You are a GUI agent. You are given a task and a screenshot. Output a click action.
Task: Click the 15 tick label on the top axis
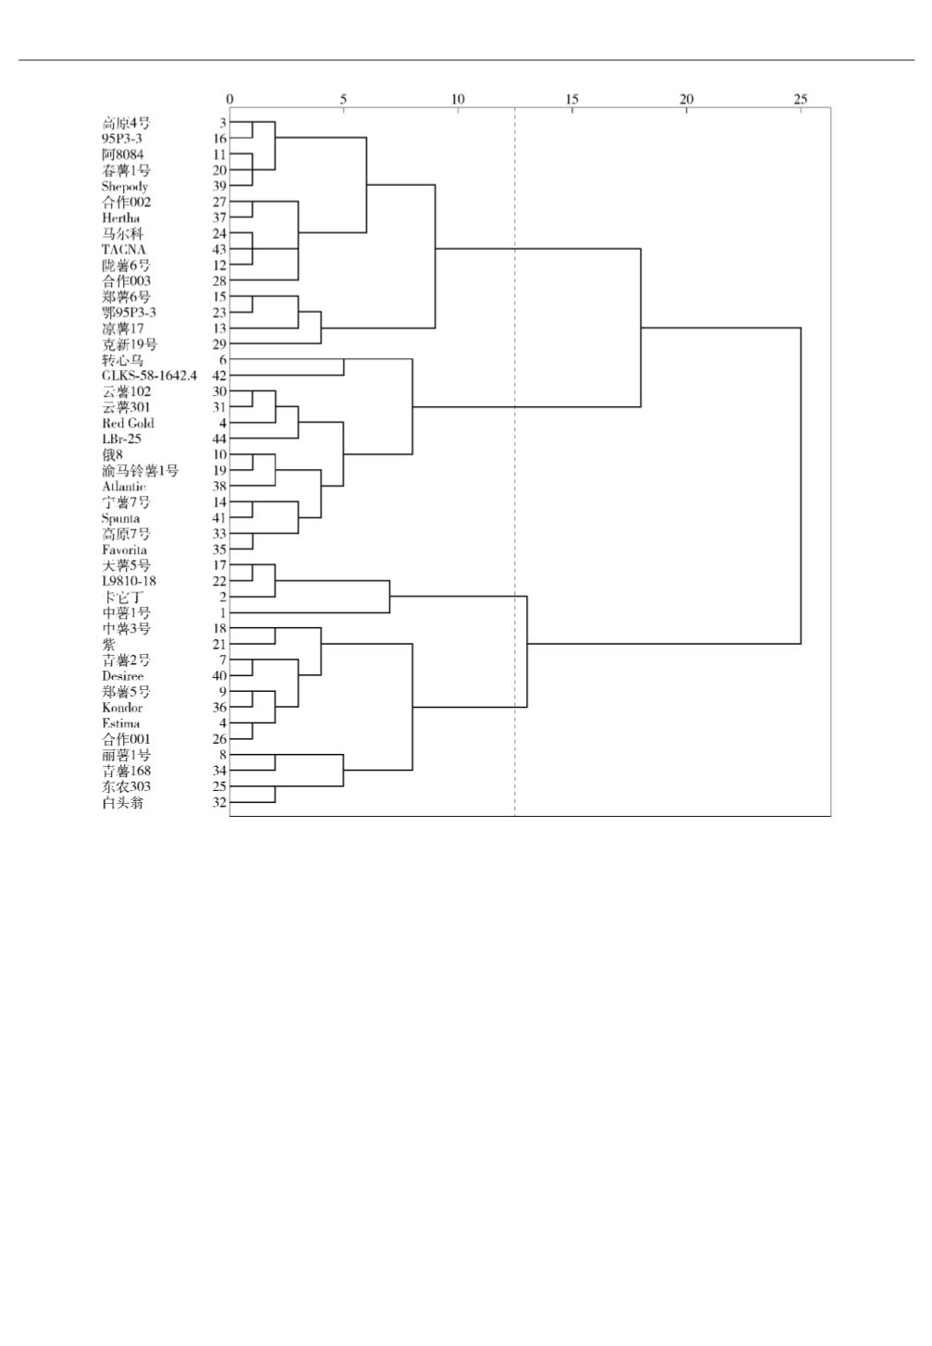pyautogui.click(x=571, y=99)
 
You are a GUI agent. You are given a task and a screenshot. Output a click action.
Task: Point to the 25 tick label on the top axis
pyautogui.click(x=801, y=99)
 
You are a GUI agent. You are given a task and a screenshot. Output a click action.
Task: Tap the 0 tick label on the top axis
pyautogui.click(x=230, y=99)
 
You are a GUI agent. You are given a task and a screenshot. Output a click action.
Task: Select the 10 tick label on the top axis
pyautogui.click(x=457, y=99)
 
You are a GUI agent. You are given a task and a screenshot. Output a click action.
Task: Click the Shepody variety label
pyautogui.click(x=125, y=187)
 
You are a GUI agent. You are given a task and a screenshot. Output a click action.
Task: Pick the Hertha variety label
pyautogui.click(x=121, y=218)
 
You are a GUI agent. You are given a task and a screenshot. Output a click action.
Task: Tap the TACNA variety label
pyautogui.click(x=124, y=250)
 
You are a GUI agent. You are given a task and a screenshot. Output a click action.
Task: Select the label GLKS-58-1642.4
pyautogui.click(x=149, y=376)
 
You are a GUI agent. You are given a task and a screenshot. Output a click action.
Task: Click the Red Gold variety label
pyautogui.click(x=128, y=424)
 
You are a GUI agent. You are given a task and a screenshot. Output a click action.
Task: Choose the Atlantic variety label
pyautogui.click(x=124, y=487)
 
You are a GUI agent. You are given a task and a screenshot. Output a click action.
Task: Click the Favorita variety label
pyautogui.click(x=124, y=550)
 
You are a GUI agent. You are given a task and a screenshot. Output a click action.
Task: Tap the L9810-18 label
pyautogui.click(x=129, y=581)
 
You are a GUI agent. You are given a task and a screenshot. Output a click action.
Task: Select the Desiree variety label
pyautogui.click(x=122, y=676)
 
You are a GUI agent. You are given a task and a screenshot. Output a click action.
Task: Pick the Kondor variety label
pyautogui.click(x=122, y=708)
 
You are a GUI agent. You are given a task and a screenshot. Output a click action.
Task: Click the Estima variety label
pyautogui.click(x=121, y=723)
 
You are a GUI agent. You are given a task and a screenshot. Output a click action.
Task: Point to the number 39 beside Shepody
pyautogui.click(x=219, y=187)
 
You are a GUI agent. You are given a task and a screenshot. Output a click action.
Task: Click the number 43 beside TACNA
pyautogui.click(x=219, y=250)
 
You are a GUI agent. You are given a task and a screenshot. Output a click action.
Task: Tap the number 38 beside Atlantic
pyautogui.click(x=219, y=487)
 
